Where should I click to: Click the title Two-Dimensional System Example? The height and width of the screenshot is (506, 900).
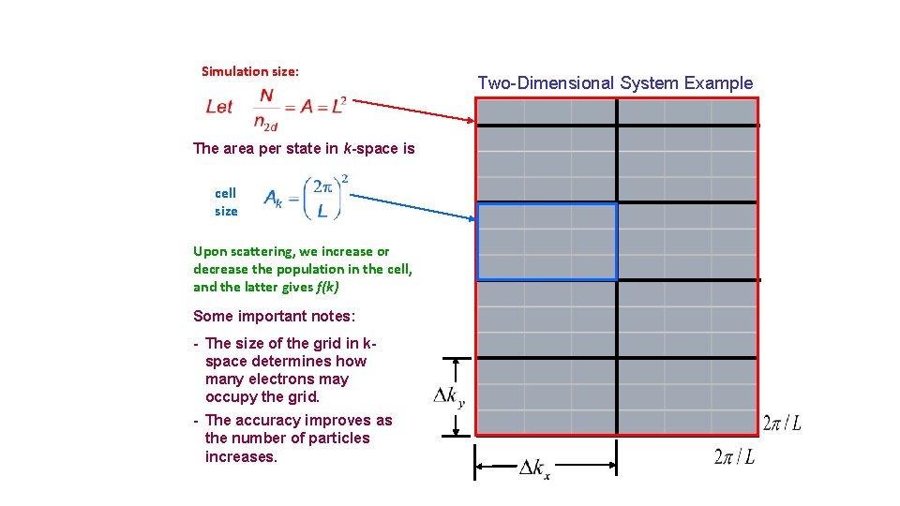[615, 83]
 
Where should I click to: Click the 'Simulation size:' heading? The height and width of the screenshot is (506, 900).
[250, 71]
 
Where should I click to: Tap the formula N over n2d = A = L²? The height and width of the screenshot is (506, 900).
[298, 107]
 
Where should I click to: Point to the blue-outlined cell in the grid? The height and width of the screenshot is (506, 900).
[547, 242]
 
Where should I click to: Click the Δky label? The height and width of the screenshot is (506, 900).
[448, 397]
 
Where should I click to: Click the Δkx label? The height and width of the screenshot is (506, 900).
[534, 468]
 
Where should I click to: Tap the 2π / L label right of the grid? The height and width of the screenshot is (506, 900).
[782, 424]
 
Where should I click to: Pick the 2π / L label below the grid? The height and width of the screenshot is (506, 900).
[734, 457]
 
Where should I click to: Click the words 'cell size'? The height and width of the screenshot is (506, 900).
[226, 201]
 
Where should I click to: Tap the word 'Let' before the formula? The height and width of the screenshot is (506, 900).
[219, 107]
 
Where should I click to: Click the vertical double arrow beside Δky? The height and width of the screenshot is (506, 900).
[457, 397]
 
